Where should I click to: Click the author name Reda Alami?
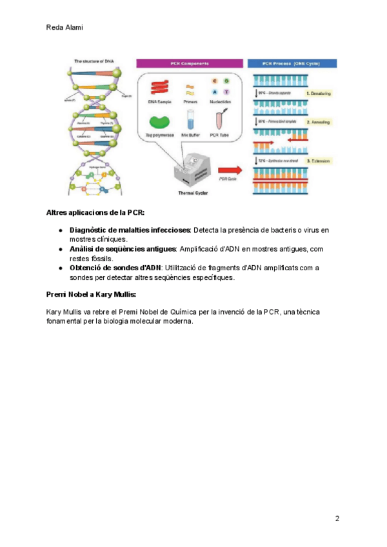[x=65, y=28]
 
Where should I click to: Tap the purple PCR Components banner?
[x=192, y=63]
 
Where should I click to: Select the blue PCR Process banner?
[x=293, y=63]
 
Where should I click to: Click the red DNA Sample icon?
[x=158, y=86]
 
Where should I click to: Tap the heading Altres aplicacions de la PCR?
[x=95, y=212]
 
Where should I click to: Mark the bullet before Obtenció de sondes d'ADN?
[x=60, y=267]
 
